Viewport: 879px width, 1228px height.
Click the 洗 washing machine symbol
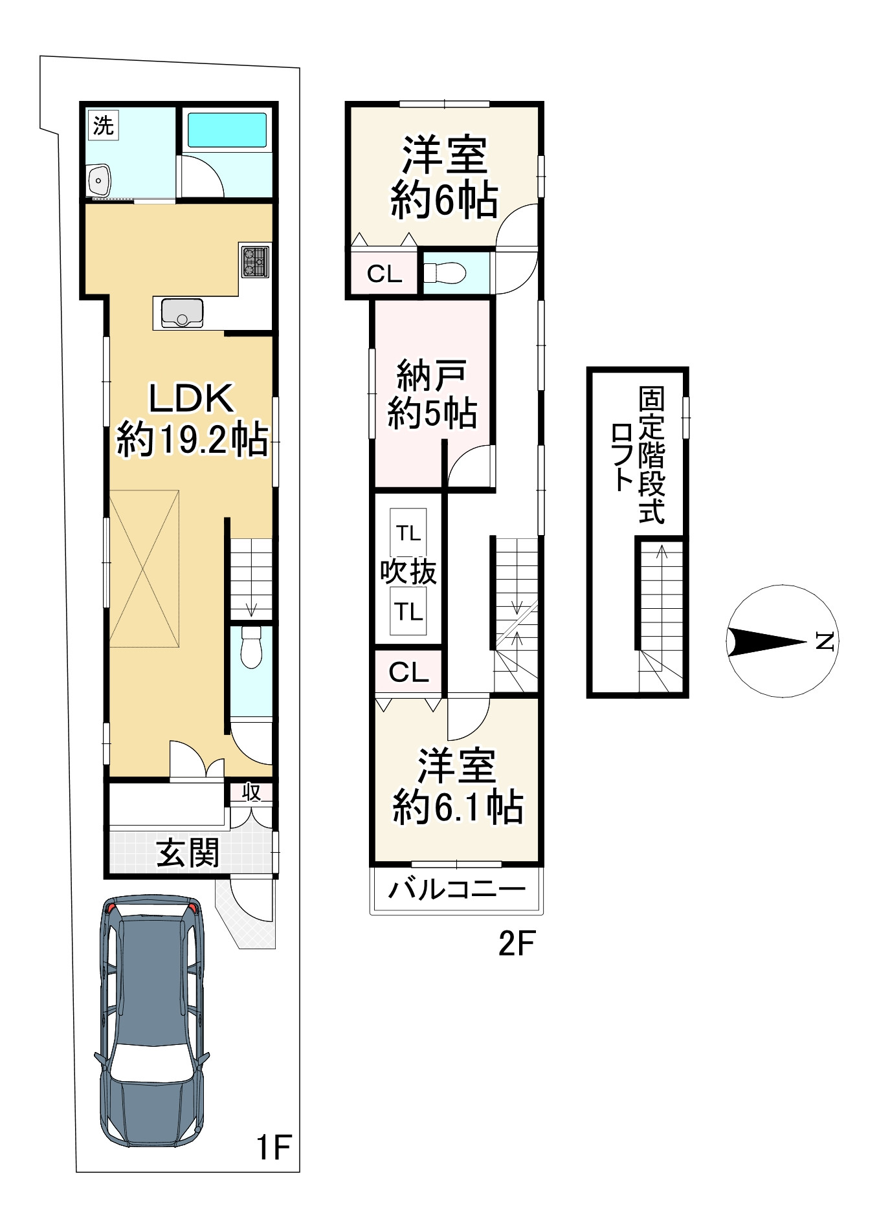pos(103,125)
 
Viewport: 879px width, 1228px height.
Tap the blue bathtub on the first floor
pos(227,131)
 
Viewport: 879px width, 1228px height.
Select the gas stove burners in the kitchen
pos(255,261)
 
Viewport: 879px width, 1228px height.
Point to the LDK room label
pos(192,419)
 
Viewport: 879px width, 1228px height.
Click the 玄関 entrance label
pos(188,853)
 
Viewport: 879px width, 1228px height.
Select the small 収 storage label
pos(251,792)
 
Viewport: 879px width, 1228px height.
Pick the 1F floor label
pos(274,1147)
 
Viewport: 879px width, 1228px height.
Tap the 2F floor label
pos(516,944)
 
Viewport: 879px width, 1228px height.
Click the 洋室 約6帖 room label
pos(444,177)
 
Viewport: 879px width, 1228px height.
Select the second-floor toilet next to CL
pos(445,273)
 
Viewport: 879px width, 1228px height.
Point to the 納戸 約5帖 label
pos(432,395)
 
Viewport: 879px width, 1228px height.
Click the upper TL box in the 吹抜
pos(408,533)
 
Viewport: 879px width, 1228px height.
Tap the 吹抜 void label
pos(408,571)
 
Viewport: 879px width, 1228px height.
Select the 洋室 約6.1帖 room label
pos(458,786)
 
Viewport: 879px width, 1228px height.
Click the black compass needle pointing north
pos(767,641)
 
